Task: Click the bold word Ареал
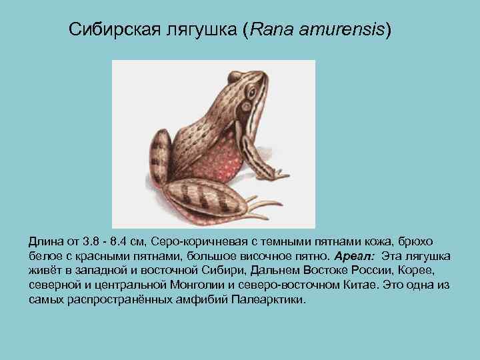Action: pyautogui.click(x=354, y=256)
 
